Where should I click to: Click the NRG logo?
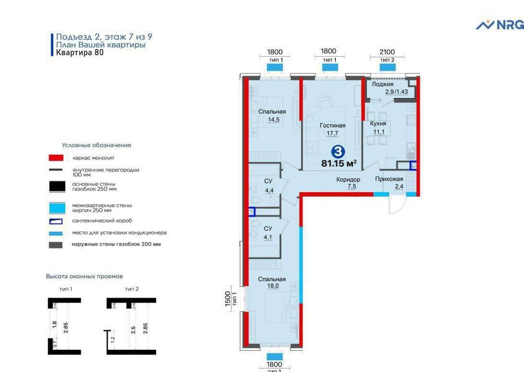pos(500,25)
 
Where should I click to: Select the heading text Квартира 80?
pos(80,53)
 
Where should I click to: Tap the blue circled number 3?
pos(338,152)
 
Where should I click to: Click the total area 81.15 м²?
pos(339,164)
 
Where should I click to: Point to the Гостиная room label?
pos(332,125)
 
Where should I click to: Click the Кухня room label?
pos(378,124)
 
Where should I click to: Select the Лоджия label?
pos(382,84)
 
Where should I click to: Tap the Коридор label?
pos(348,180)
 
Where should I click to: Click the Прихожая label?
pos(389,179)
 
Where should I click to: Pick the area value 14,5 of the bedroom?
pos(273,120)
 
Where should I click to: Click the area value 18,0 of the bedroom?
pos(273,286)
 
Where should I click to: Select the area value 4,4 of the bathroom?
pos(269,190)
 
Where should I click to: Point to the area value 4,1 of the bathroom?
pos(268,238)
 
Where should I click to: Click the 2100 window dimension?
pos(387,52)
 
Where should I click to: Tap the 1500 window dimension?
pos(227,299)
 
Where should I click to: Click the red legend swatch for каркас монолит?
pos(56,158)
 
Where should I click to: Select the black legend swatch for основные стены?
pos(57,187)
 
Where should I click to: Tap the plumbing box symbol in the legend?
pos(56,221)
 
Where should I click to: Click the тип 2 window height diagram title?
pos(131,289)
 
